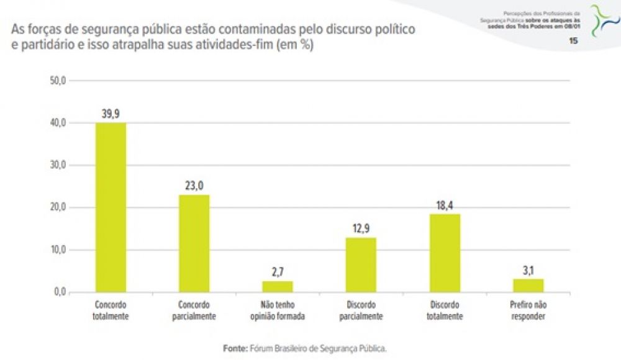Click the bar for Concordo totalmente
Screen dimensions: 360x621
coord(111,207)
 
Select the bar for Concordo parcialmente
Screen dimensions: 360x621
coord(194,243)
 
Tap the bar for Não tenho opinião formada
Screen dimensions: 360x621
coord(278,286)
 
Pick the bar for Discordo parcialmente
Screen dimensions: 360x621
coord(361,264)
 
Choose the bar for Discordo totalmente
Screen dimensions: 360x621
coord(445,253)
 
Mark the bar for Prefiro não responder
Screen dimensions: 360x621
coord(528,285)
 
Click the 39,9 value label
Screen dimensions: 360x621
coord(111,113)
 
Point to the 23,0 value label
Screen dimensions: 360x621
coord(194,184)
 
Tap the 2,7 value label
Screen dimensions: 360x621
coord(278,271)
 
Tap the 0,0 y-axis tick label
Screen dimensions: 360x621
coord(60,292)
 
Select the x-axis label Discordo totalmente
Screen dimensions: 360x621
coord(445,310)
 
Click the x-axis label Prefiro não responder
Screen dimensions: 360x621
coord(528,310)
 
